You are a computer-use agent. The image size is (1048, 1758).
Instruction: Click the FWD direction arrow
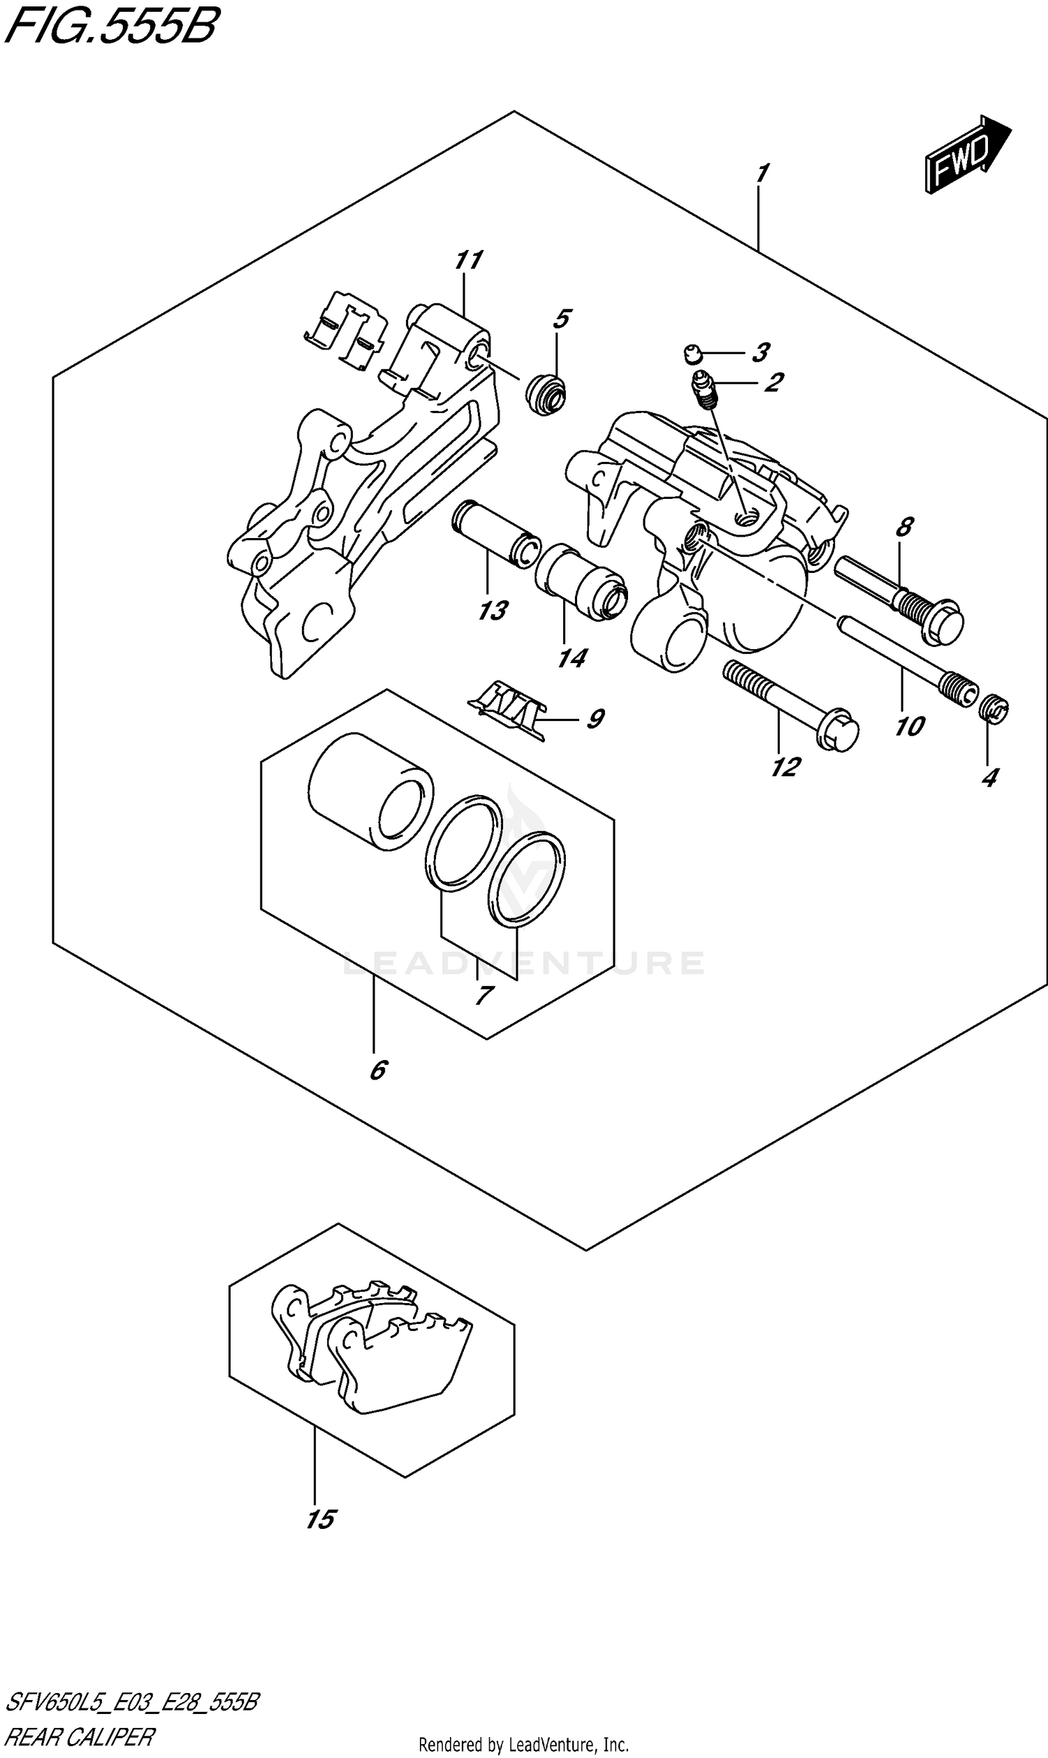coord(968,154)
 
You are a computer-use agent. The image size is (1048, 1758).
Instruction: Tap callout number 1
coord(762,173)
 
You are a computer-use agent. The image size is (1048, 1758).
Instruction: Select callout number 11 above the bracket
coord(467,261)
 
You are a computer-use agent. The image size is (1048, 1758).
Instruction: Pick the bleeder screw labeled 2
coord(705,390)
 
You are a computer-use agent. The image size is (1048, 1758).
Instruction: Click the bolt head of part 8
coord(942,622)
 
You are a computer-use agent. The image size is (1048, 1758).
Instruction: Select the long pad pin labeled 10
coord(904,654)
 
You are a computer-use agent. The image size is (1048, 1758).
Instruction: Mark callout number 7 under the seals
coord(483,995)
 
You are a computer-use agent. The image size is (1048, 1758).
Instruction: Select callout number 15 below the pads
coord(321,1518)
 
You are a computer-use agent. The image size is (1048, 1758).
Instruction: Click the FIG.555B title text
coord(112,26)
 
